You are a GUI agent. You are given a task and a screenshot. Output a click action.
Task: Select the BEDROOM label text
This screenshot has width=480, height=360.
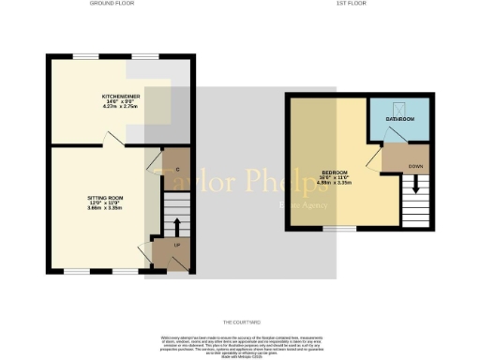coord(335,173)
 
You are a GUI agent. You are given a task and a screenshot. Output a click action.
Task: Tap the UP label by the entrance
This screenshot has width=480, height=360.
coord(177,246)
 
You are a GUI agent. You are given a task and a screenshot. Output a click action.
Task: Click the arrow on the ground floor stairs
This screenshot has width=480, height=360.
coord(174,224)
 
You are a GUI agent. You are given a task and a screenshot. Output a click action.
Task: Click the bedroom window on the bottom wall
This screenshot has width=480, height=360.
coord(335,228)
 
